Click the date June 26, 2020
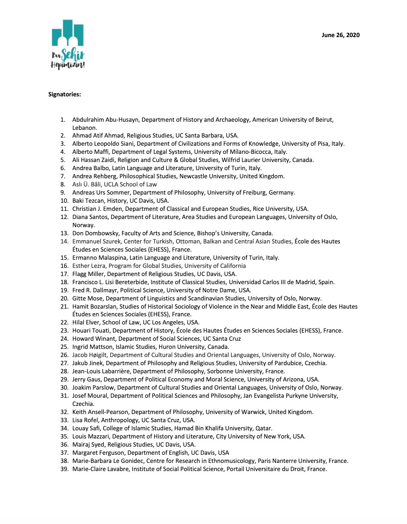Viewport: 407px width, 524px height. tap(341, 35)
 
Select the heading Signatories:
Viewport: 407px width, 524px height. tap(65, 95)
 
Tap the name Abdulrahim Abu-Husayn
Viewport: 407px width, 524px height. tap(101, 120)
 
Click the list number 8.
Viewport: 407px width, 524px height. tap(63, 184)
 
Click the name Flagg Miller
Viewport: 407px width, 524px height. tap(87, 274)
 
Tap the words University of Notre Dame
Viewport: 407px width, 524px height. tap(201, 290)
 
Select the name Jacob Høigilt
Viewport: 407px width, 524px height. tap(90, 355)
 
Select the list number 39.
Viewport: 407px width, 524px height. tap(64, 469)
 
